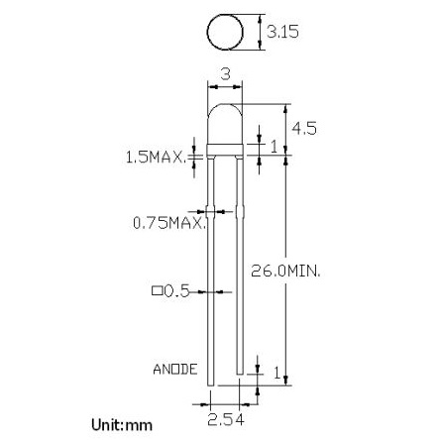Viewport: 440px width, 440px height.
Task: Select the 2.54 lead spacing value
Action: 226,422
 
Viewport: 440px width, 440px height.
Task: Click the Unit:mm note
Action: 122,424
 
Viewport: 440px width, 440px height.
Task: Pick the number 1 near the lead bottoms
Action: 275,373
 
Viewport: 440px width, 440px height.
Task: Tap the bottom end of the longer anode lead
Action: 211,392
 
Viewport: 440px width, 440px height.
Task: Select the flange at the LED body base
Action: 225,155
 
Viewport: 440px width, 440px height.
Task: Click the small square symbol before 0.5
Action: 156,291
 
